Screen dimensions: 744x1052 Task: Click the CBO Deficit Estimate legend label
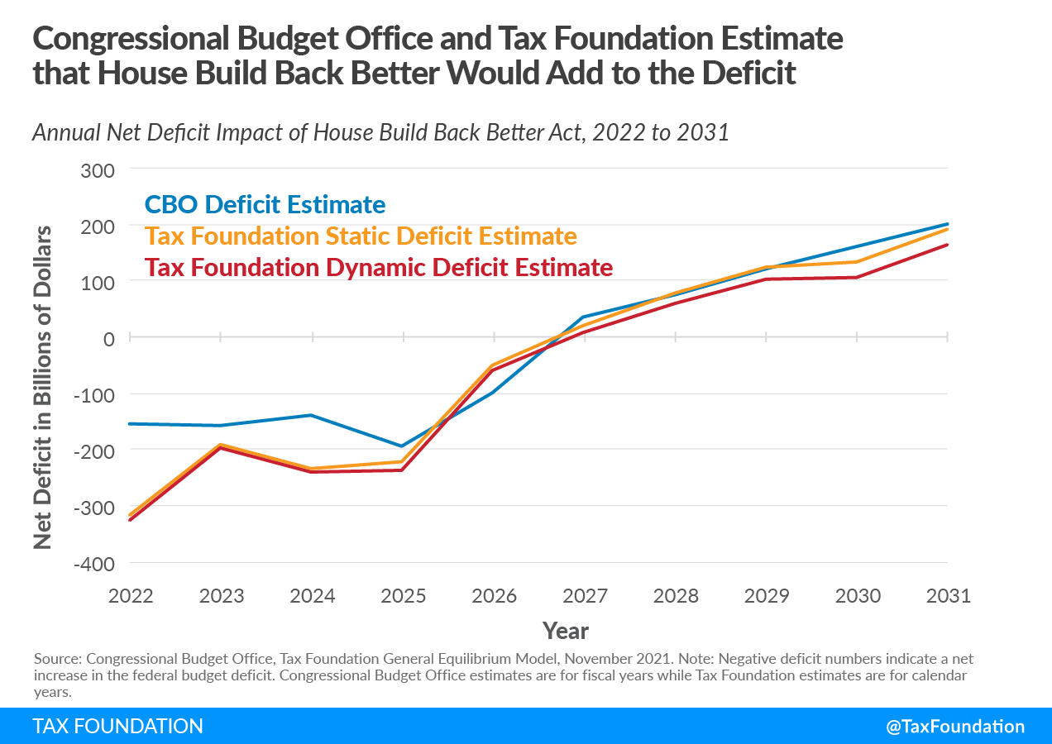coord(265,204)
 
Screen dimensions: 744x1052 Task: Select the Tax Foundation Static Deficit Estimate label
coord(361,236)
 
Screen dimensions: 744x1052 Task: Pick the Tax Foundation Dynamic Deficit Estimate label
coord(379,267)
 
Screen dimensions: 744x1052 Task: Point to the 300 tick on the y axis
coord(98,169)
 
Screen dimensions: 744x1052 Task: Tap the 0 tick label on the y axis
coord(108,338)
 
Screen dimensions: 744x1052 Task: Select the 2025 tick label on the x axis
coord(403,596)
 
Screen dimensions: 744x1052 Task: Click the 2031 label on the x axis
coord(947,596)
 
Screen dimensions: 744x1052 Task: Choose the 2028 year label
coord(676,596)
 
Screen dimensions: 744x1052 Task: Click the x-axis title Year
coord(566,632)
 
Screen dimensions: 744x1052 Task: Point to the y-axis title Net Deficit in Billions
coord(42,387)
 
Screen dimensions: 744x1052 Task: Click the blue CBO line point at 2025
coord(403,446)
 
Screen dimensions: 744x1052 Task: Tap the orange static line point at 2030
coord(857,262)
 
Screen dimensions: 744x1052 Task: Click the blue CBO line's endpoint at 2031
coord(947,224)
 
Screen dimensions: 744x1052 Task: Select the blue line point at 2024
coord(312,415)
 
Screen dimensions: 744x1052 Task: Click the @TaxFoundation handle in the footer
coord(955,727)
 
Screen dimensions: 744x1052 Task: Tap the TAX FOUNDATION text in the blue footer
coord(117,727)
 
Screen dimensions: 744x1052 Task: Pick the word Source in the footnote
coord(57,660)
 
